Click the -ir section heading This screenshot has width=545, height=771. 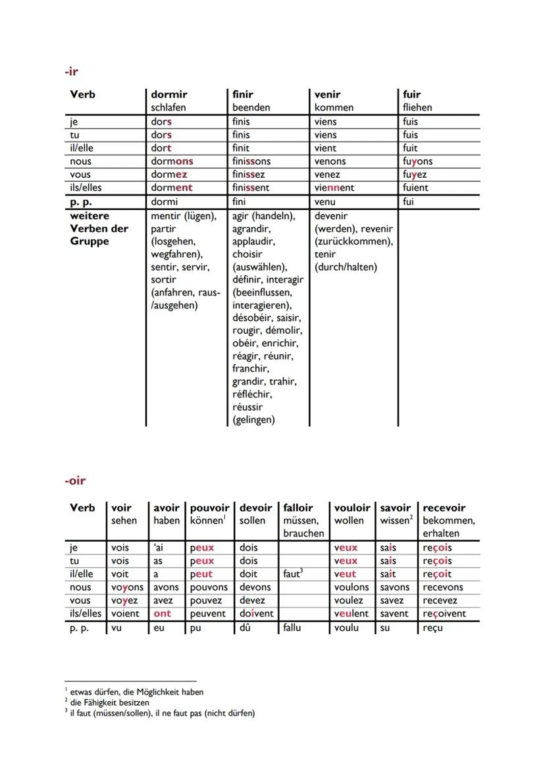click(72, 71)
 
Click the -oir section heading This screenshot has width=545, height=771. click(75, 481)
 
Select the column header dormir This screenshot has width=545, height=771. click(169, 94)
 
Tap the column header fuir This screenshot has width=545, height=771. click(411, 94)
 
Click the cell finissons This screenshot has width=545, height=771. click(251, 161)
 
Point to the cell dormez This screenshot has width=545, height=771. click(169, 174)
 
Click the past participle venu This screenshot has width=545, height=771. click(324, 201)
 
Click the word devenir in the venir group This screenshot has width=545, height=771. click(331, 216)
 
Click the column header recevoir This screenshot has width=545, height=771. click(444, 508)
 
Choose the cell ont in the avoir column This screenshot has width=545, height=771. click(162, 614)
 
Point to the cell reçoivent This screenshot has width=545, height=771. click(444, 614)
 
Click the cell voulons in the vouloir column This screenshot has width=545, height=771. click(351, 587)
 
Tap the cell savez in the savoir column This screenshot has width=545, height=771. click(393, 600)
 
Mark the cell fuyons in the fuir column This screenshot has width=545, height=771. click(417, 161)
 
